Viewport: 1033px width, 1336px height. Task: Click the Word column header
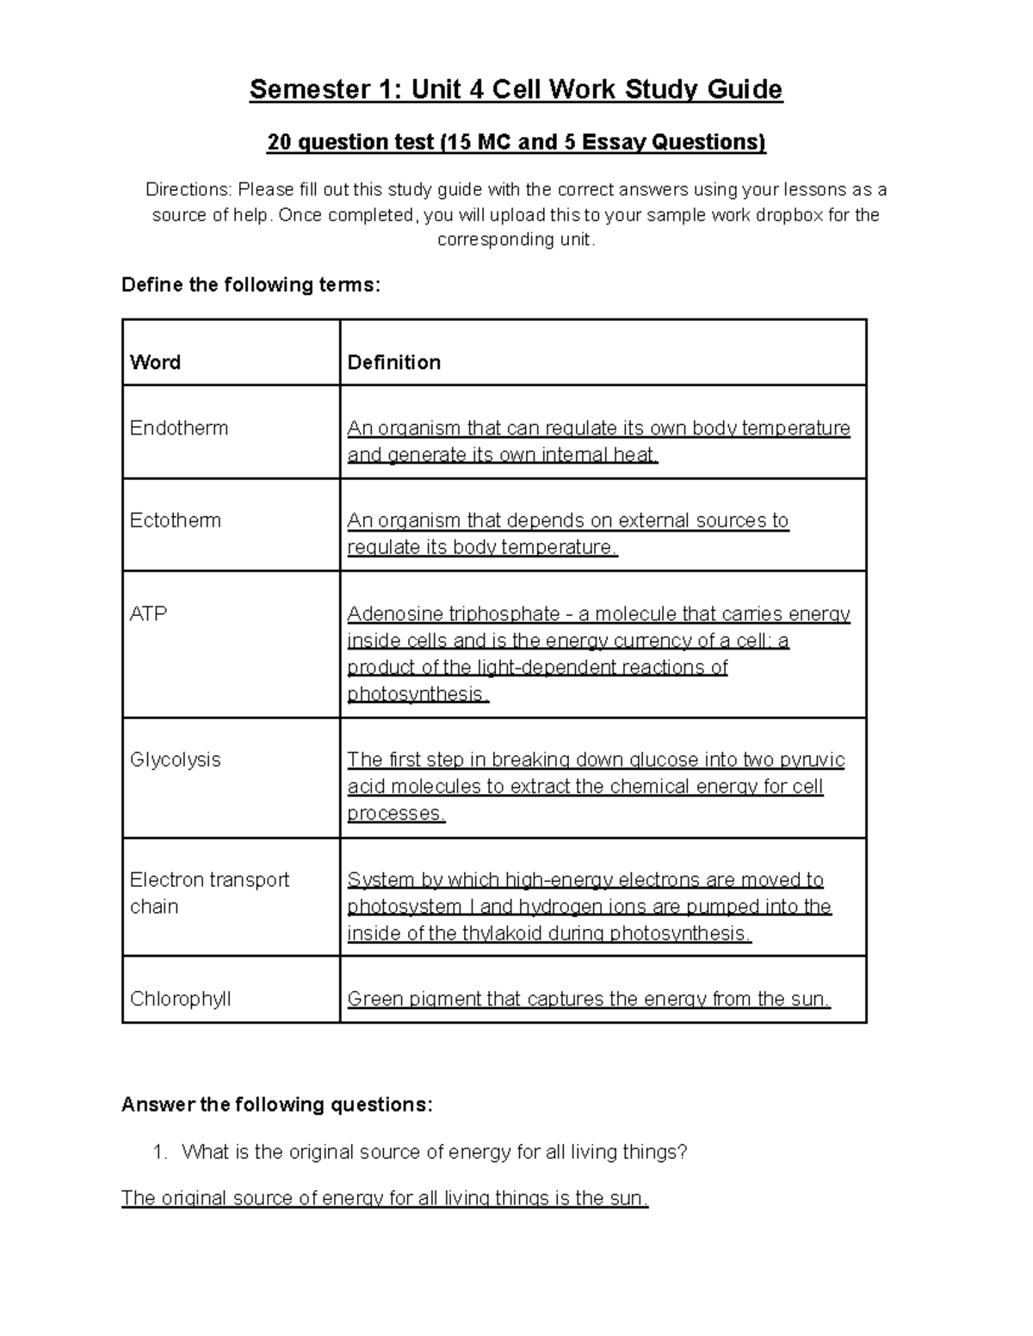(x=155, y=362)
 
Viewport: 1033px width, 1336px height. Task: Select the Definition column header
(x=393, y=362)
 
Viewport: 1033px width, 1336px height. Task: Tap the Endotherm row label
(x=178, y=428)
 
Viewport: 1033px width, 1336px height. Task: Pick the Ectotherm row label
(x=175, y=520)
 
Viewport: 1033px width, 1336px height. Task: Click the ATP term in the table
(x=148, y=613)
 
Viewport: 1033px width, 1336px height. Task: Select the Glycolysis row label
(x=175, y=760)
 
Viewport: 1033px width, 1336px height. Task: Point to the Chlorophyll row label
(x=180, y=999)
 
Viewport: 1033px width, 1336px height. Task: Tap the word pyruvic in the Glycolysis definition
(x=811, y=760)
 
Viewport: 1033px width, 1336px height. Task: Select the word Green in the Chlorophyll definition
(x=373, y=999)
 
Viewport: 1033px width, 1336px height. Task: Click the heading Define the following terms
(x=251, y=285)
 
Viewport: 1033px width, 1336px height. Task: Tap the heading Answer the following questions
(x=277, y=1105)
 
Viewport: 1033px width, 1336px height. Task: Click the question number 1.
(x=158, y=1152)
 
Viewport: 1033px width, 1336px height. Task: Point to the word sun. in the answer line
(x=628, y=1197)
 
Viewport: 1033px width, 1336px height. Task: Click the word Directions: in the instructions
(x=188, y=189)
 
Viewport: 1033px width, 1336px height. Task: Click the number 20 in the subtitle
(x=279, y=142)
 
